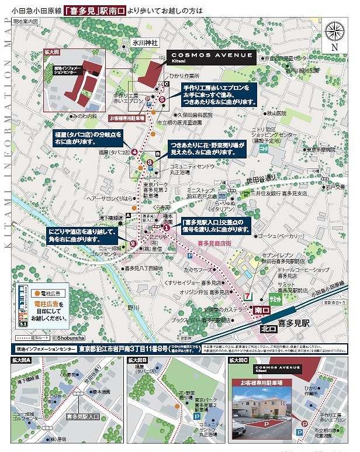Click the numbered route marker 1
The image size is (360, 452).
[x=167, y=227]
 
